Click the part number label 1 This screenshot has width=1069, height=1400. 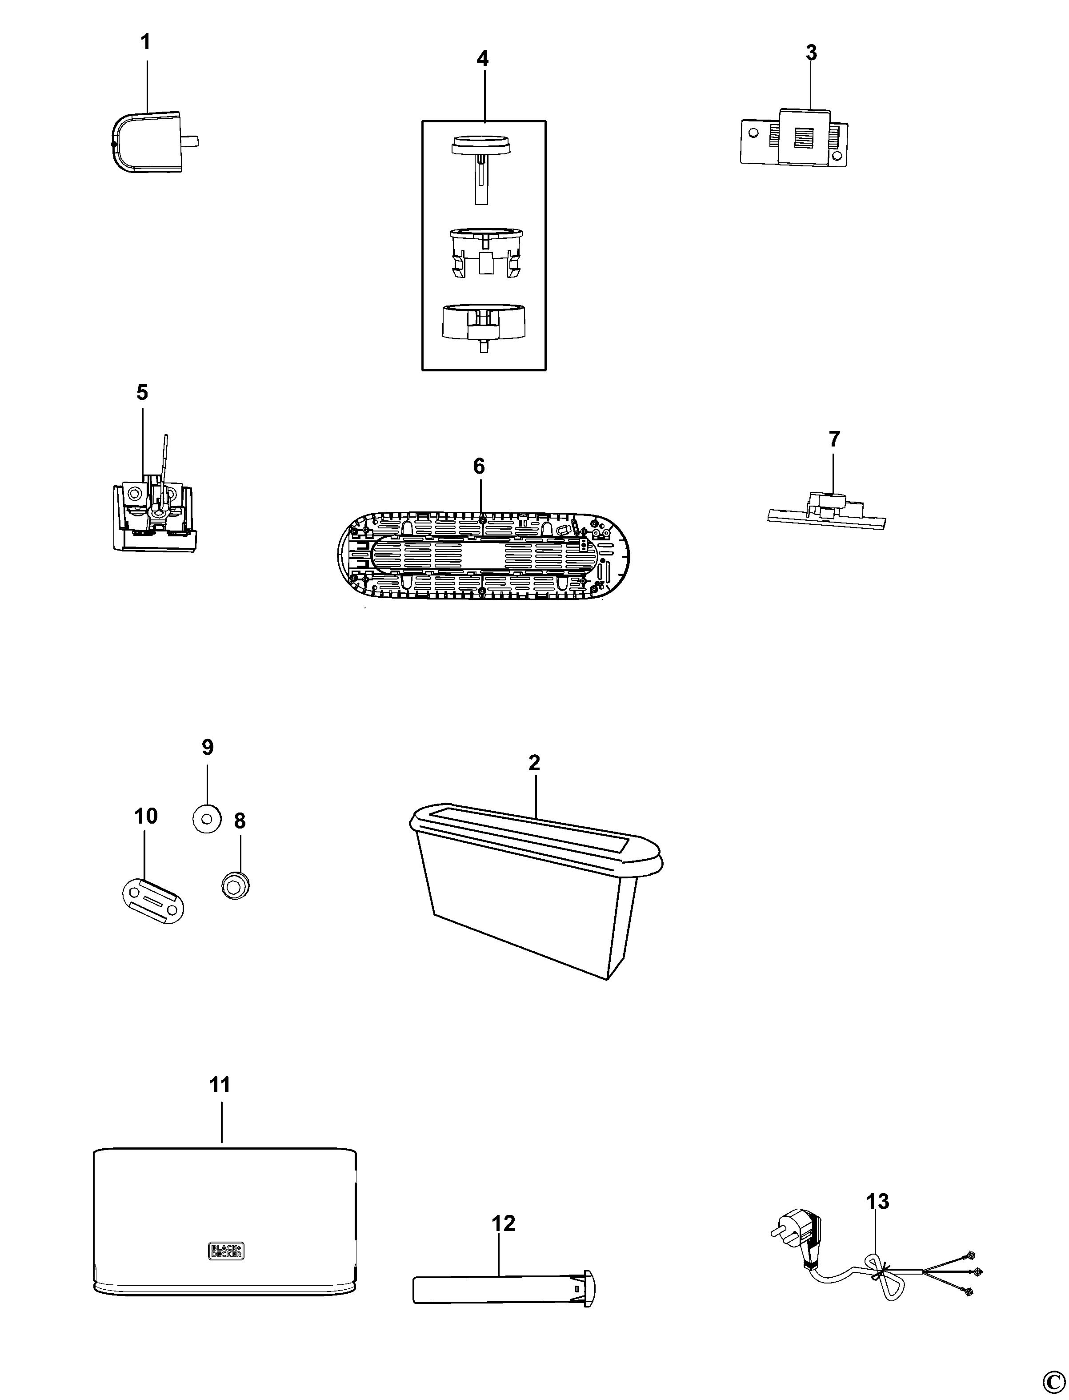click(x=146, y=43)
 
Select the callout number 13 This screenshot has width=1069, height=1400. click(x=877, y=1202)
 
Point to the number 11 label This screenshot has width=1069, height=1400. click(x=220, y=1084)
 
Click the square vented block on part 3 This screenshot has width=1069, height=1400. click(x=804, y=136)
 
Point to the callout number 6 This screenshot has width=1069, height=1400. click(x=479, y=467)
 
